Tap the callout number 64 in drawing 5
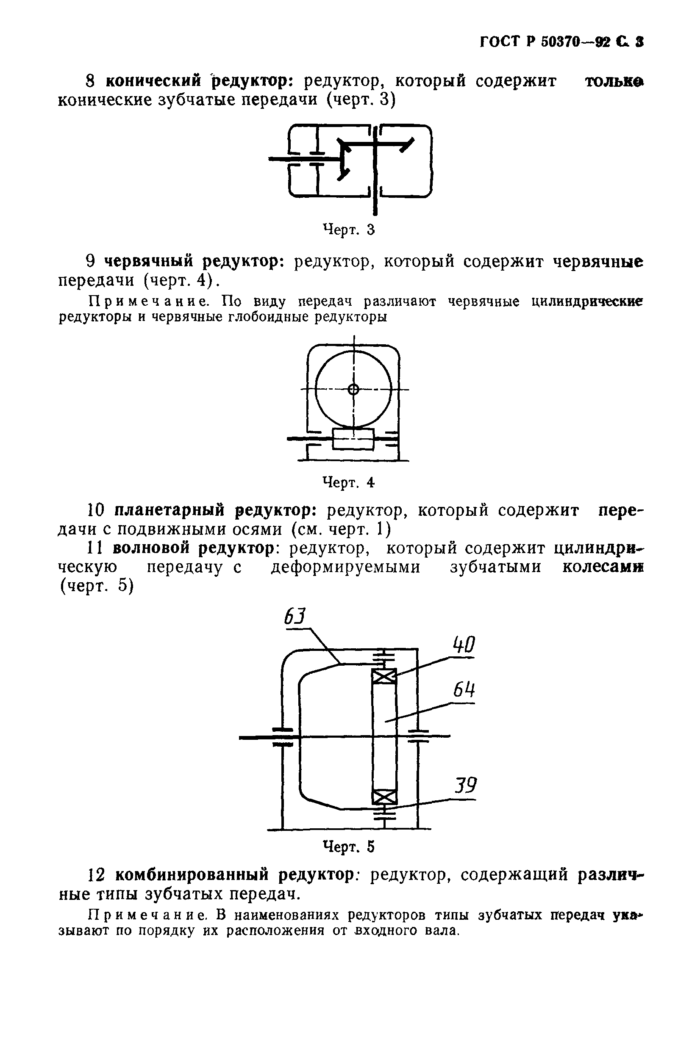(464, 691)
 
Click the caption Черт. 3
(349, 229)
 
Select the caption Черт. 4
(349, 482)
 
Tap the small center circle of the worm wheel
(354, 389)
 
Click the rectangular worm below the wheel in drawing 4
(353, 439)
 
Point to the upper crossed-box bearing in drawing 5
(384, 677)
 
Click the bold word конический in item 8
(153, 81)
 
